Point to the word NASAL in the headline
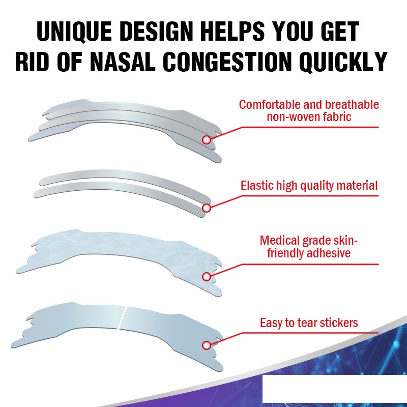(126, 63)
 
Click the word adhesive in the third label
(329, 253)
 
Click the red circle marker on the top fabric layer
(207, 139)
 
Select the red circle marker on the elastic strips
(207, 208)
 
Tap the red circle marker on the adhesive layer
(207, 277)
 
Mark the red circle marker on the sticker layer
(207, 345)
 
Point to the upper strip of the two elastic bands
(122, 175)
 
